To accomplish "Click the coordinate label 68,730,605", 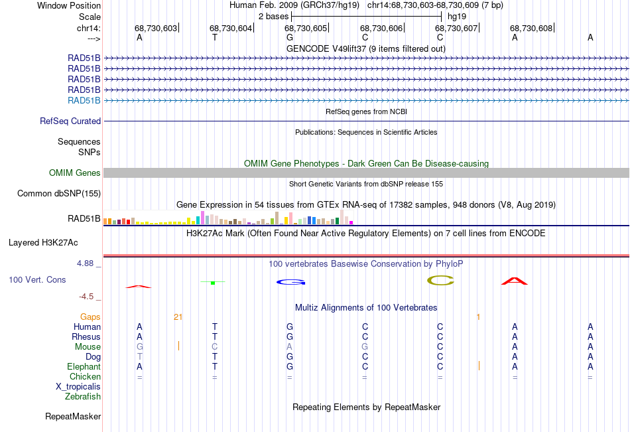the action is point(306,28).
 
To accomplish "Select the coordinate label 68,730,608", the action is point(531,28).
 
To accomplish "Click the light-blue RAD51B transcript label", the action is point(84,101).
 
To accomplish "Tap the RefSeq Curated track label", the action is point(70,121).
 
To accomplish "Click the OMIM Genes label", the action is point(75,173).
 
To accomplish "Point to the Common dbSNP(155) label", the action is point(59,194).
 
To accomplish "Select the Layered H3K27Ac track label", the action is point(43,243).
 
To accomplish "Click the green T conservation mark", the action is point(213,283).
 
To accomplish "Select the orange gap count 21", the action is point(178,317).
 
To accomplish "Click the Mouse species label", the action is point(88,346).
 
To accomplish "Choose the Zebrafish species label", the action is point(83,397).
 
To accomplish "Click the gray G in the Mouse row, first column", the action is point(139,346).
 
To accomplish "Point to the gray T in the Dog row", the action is point(139,357).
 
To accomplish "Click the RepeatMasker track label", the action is point(73,416).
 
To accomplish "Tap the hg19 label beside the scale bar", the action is point(457,17).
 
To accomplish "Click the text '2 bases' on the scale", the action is point(273,17).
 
